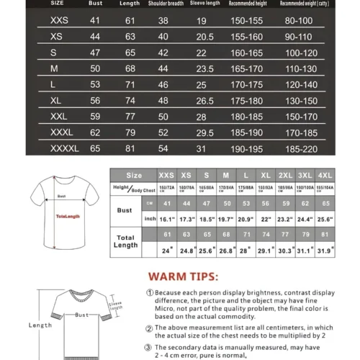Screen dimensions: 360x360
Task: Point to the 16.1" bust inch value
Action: click(x=167, y=219)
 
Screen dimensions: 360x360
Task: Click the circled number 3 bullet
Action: click(x=149, y=347)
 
